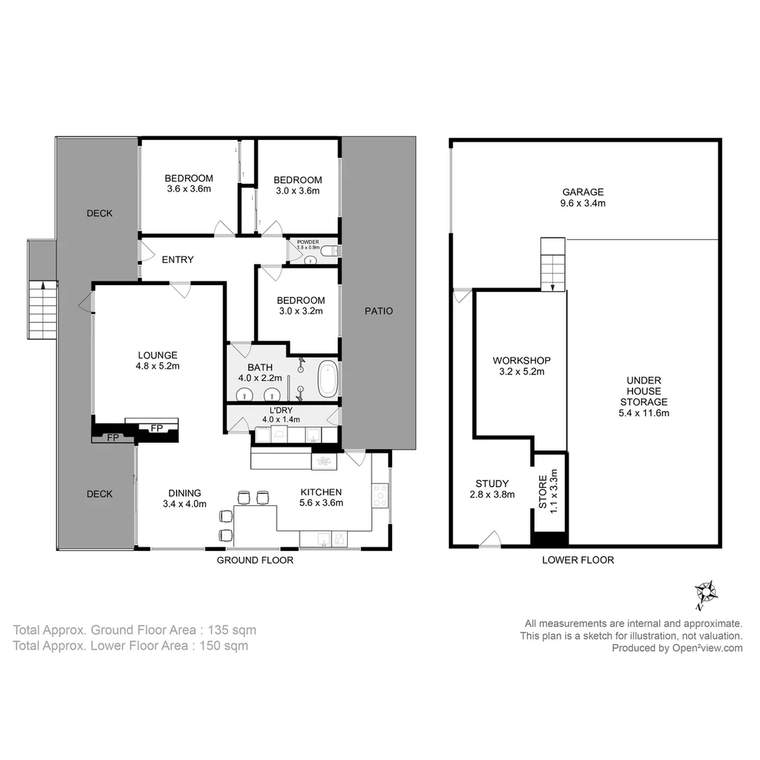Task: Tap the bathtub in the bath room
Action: pos(328,379)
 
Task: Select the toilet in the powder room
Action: pos(333,251)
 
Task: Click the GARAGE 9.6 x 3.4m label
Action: pos(583,197)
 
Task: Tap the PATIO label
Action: pos(379,310)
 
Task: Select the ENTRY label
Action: pos(177,260)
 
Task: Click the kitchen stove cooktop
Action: pos(380,497)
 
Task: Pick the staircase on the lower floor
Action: pos(552,264)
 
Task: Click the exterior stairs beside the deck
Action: pos(43,308)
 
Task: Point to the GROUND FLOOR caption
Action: pos(255,560)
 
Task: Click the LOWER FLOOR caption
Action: pos(578,560)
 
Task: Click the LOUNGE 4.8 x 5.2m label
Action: pos(157,360)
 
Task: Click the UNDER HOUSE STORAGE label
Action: pos(643,396)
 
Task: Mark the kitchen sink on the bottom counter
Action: pos(321,539)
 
